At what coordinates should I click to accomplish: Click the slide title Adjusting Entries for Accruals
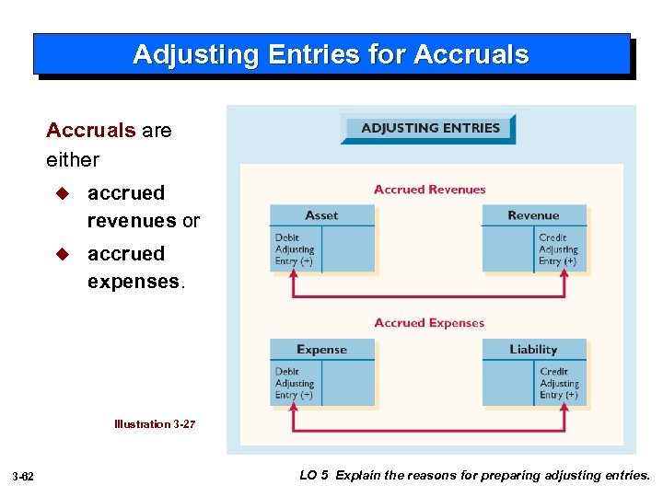(x=331, y=54)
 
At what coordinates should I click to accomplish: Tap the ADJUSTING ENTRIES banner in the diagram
(x=430, y=129)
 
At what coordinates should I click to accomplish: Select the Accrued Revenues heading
(x=429, y=190)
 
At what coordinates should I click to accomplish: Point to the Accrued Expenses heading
(x=429, y=323)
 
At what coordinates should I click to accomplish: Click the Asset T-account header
(x=321, y=215)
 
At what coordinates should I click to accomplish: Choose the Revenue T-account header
(x=533, y=215)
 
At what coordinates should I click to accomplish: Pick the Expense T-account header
(x=321, y=350)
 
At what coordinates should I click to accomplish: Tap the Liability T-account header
(x=533, y=350)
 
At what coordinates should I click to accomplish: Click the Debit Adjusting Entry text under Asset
(x=295, y=249)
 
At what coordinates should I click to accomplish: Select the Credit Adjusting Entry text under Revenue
(x=558, y=249)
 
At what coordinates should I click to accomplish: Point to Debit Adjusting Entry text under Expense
(x=295, y=384)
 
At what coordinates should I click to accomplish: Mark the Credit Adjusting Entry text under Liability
(x=559, y=384)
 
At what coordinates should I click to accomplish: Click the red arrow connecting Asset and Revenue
(x=429, y=295)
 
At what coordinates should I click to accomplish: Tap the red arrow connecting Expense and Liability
(x=429, y=429)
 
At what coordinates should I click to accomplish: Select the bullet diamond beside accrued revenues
(x=63, y=193)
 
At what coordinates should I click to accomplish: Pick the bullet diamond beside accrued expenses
(x=63, y=254)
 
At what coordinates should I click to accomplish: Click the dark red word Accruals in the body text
(x=90, y=131)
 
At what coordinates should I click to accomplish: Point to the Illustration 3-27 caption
(x=155, y=424)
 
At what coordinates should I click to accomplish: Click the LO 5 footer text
(x=474, y=476)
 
